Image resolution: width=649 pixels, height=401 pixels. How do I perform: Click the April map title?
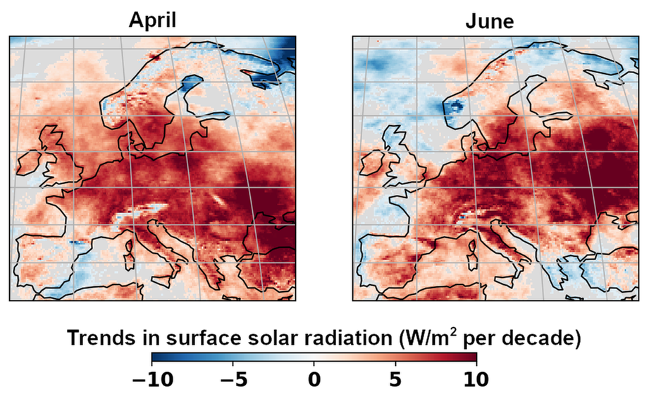click(x=152, y=21)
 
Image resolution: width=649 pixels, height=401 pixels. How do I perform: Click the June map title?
click(x=490, y=21)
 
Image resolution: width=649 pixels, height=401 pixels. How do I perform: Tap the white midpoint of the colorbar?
click(x=314, y=357)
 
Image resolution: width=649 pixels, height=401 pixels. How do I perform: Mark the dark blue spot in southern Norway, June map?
click(x=454, y=107)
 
